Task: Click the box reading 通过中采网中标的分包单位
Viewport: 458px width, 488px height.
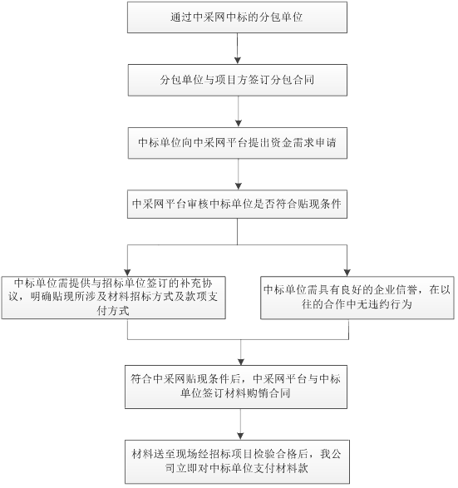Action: (237, 17)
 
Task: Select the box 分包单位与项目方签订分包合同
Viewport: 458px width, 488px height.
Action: (238, 81)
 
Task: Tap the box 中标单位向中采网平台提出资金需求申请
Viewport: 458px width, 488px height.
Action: (238, 143)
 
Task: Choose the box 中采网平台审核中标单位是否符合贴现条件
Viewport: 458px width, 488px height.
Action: (237, 205)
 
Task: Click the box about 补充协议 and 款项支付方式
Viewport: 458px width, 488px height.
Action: (114, 298)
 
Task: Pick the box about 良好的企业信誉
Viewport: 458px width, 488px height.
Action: (357, 298)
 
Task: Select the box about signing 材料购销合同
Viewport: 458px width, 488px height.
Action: (236, 387)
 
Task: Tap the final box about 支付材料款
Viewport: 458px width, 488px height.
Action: (237, 462)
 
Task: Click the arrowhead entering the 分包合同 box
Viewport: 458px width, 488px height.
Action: (238, 61)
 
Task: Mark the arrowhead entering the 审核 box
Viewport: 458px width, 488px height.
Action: (239, 186)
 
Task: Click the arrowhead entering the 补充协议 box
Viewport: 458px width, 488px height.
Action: (127, 273)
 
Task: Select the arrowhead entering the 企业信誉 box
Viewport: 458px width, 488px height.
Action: (347, 273)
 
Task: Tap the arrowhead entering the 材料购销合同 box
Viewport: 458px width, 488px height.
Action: (241, 362)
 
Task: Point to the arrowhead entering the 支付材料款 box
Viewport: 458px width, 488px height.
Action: (240, 436)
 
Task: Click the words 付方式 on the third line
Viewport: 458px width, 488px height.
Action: (113, 311)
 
